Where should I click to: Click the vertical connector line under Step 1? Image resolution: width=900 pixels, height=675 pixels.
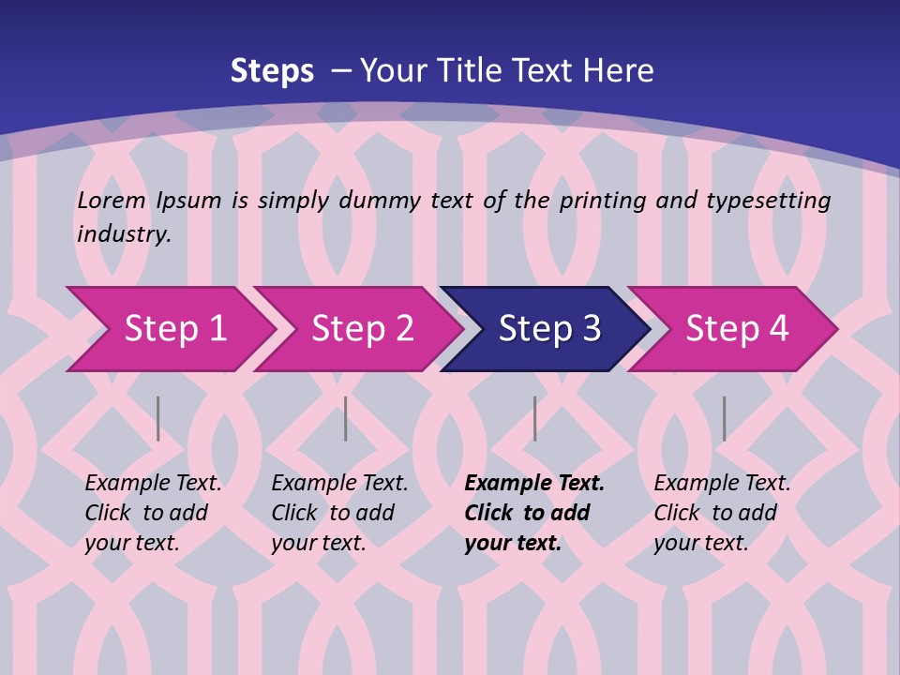coord(157,418)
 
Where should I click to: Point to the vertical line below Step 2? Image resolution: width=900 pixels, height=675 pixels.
coord(346,418)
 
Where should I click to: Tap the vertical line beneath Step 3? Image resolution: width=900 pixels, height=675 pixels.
coord(534,418)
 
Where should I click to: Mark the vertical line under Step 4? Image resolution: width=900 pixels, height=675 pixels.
coord(724,418)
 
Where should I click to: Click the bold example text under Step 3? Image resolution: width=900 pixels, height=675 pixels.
coord(534,513)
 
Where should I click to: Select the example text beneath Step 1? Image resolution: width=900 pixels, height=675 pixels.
coord(153,513)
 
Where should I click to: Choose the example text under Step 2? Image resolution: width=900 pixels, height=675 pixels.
coord(339,513)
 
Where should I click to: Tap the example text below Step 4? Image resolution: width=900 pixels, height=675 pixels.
coord(722,513)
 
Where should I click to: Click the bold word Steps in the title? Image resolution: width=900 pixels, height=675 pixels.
coord(272,70)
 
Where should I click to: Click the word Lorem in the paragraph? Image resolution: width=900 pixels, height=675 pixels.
coord(112,200)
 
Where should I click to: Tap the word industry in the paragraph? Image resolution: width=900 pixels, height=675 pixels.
coord(124,234)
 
